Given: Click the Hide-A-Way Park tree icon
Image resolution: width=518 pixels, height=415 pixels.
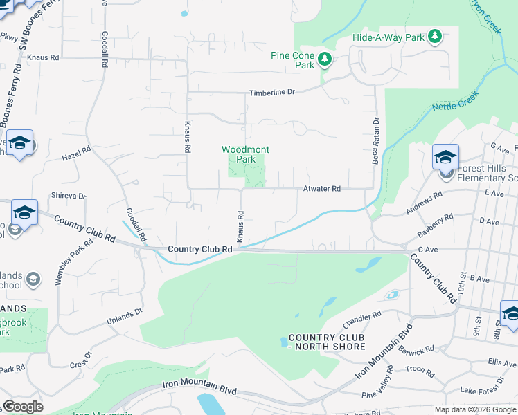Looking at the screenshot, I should (435, 36).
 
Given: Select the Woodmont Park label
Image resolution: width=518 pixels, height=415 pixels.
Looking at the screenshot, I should (245, 154).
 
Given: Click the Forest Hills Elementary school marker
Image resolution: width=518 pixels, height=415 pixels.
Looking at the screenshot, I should (445, 158).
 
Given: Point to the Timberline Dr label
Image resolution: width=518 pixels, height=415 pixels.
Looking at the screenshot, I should (272, 92).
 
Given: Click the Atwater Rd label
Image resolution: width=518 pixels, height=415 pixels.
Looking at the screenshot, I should (322, 189).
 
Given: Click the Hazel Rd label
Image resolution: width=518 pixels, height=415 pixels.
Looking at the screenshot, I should (76, 150).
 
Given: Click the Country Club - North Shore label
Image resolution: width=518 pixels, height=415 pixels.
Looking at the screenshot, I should (326, 342).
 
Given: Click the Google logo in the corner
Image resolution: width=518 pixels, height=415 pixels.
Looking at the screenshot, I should (23, 407).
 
